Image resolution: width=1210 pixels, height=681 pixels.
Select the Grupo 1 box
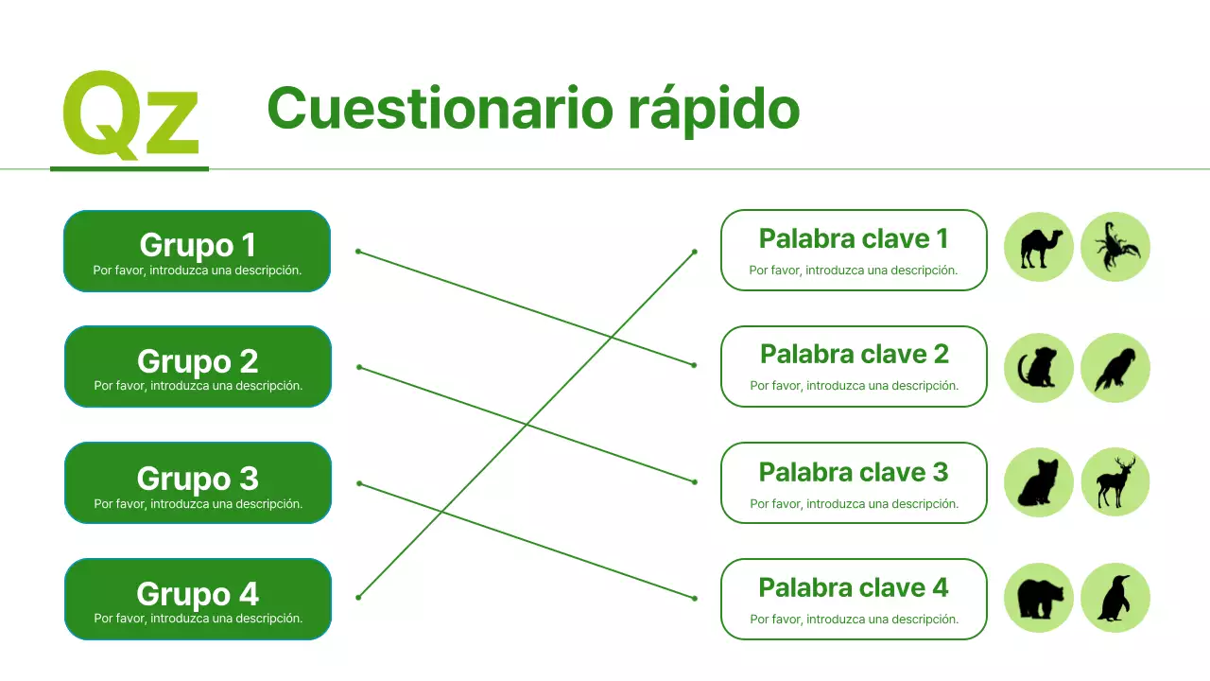197,251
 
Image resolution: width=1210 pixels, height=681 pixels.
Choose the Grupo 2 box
198,367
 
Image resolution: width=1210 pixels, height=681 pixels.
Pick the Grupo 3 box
198,483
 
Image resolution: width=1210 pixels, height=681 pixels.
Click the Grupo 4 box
198,599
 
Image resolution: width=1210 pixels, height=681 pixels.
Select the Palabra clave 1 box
854,250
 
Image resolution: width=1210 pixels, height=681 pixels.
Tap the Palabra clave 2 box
854,366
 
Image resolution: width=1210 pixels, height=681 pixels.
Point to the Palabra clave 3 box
854,482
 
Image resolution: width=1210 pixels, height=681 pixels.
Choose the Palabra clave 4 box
854,599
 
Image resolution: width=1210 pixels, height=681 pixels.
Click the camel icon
1039,247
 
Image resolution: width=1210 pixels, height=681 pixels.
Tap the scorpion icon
1115,247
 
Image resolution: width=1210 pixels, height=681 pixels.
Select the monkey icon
1039,368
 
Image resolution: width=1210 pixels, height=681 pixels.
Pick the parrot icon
1115,368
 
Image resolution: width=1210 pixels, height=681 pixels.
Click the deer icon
1115,482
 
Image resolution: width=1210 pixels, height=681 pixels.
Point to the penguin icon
1115,598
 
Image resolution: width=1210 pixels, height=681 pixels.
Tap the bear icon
1039,598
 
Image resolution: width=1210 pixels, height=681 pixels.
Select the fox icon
1039,482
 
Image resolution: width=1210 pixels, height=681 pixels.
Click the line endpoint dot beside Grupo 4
358,597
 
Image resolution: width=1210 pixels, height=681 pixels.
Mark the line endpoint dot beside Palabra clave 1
695,252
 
